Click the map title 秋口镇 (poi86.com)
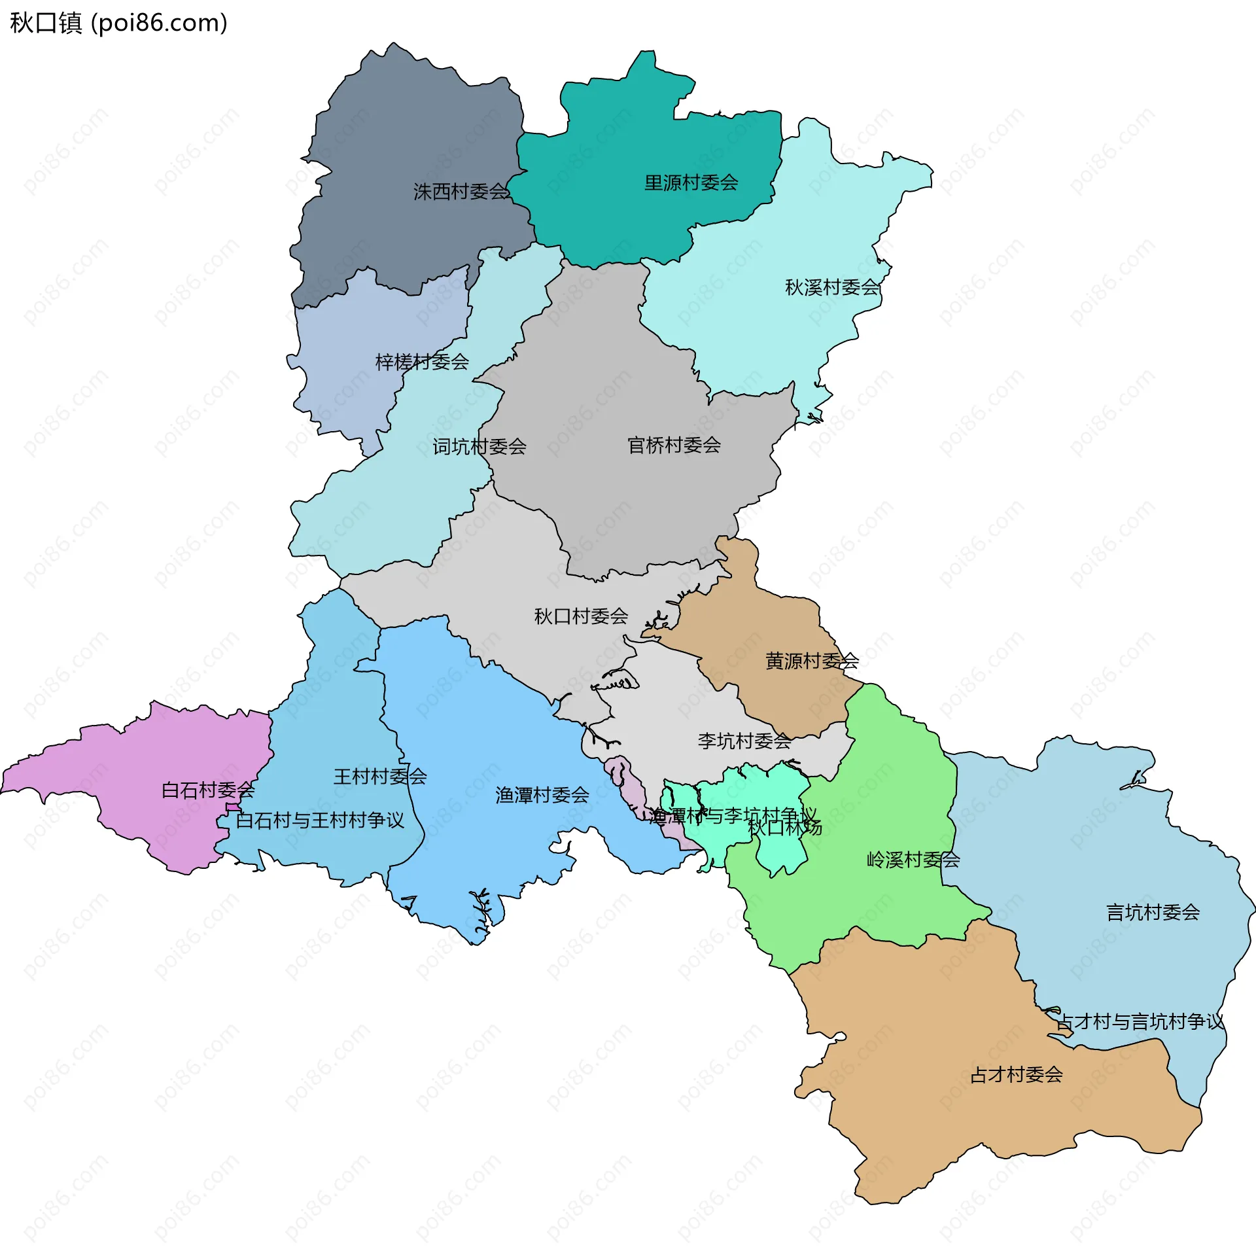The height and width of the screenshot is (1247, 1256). click(x=118, y=23)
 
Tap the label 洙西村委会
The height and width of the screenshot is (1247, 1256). click(x=461, y=192)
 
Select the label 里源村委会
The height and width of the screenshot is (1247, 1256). click(x=691, y=183)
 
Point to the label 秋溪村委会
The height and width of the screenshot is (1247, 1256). click(x=832, y=287)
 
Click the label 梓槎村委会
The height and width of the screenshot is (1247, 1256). click(x=422, y=362)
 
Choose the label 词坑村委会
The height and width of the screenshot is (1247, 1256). click(x=479, y=447)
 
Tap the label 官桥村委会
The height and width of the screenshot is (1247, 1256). click(x=674, y=446)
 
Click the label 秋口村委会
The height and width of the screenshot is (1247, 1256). click(x=581, y=616)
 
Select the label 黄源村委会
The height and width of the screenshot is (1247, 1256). click(x=812, y=661)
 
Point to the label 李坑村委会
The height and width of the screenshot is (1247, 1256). click(x=744, y=741)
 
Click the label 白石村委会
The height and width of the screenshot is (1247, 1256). click(x=208, y=790)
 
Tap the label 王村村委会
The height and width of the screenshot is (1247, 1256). click(x=380, y=777)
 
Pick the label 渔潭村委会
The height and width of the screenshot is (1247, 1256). click(x=542, y=795)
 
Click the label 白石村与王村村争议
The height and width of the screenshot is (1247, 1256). click(x=320, y=820)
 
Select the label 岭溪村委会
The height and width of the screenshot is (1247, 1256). click(x=913, y=860)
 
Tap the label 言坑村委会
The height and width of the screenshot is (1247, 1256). click(x=1153, y=912)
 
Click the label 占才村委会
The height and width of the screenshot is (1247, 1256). click(x=1016, y=1074)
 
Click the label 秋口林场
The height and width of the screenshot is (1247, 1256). click(x=785, y=828)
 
